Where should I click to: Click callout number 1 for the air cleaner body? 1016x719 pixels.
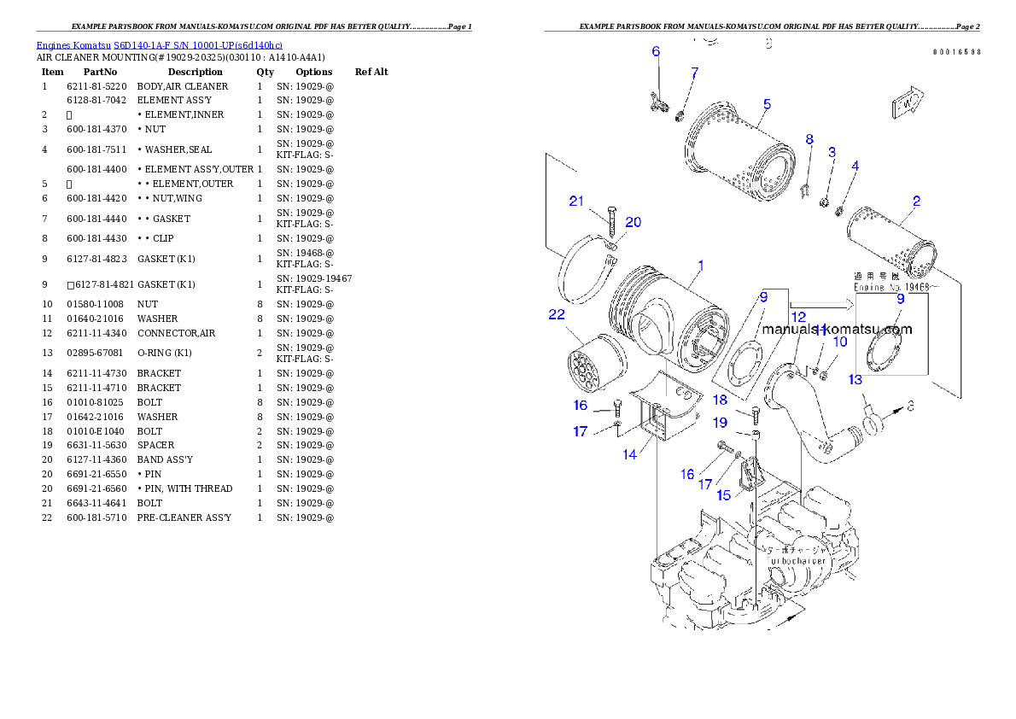click(700, 266)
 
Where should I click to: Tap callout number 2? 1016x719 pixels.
click(916, 202)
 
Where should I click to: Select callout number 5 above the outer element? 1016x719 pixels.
click(767, 104)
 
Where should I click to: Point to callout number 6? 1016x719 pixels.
click(656, 52)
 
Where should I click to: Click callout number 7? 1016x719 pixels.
click(694, 73)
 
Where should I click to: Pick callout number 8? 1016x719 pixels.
click(809, 139)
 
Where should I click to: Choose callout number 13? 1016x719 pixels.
click(855, 379)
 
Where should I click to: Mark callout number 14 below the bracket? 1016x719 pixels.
click(629, 454)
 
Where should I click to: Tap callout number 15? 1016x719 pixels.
click(724, 495)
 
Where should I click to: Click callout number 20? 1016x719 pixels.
click(633, 222)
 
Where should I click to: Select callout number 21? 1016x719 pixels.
click(577, 202)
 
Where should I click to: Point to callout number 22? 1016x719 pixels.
click(557, 315)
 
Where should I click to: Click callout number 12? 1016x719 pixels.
click(798, 317)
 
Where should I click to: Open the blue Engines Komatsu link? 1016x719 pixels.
click(159, 44)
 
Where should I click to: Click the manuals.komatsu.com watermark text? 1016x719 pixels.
click(837, 330)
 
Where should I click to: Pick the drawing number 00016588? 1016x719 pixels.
click(956, 52)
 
